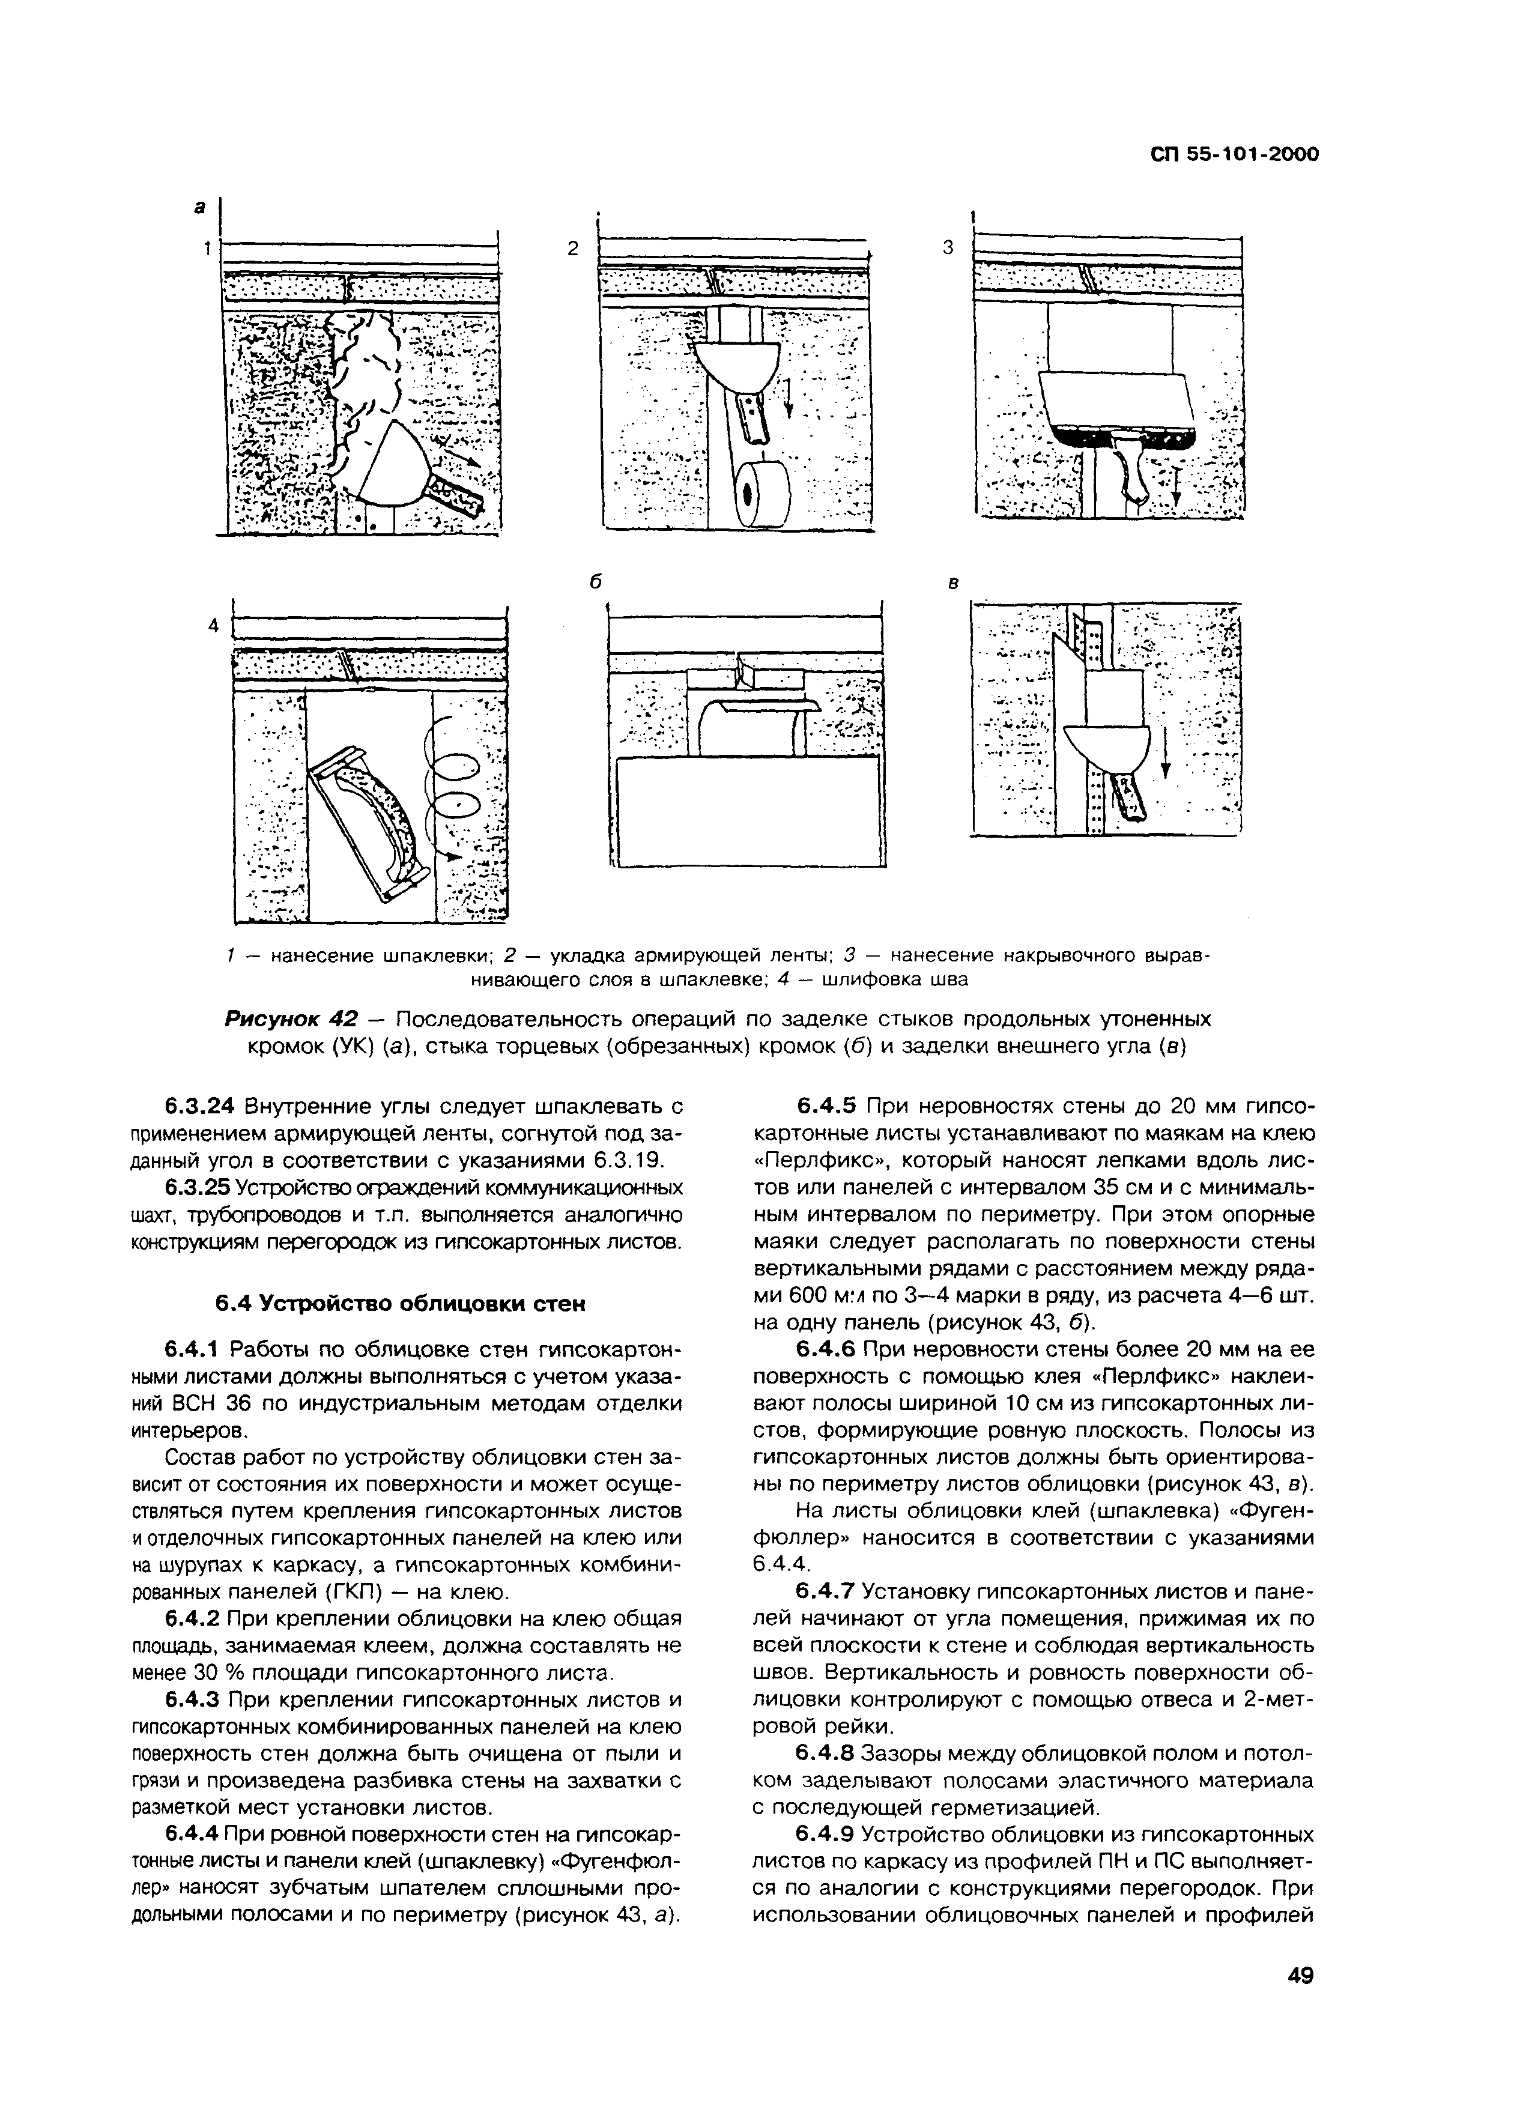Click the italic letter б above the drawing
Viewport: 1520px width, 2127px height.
(593, 581)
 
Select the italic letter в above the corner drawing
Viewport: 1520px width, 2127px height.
(954, 583)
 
